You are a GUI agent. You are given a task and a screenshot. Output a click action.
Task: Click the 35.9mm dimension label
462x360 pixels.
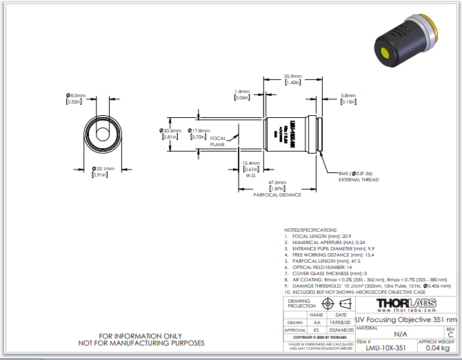coord(292,76)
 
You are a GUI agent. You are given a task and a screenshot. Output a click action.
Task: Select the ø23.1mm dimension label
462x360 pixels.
coord(103,168)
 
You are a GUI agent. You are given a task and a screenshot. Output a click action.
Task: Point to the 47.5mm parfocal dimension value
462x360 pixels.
coord(278,183)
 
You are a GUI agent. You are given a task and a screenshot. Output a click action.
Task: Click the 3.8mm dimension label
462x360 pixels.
coord(348,96)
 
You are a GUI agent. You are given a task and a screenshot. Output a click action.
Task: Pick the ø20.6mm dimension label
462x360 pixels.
coord(172,130)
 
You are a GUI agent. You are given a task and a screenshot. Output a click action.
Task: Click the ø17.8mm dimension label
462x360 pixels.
coord(199,130)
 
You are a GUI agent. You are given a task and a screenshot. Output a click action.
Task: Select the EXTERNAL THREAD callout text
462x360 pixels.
coord(359,179)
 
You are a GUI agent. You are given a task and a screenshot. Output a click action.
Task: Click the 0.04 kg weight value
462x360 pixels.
coord(436,349)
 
